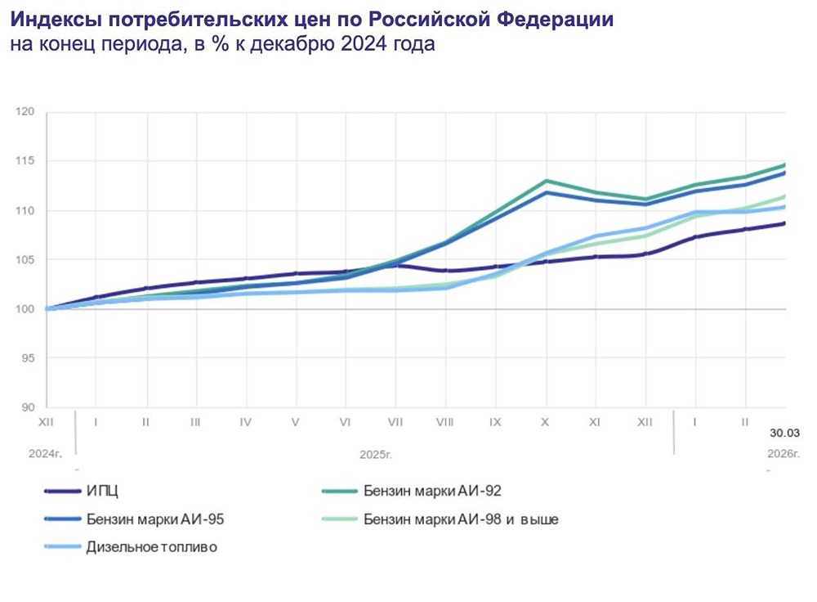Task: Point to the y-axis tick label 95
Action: point(29,358)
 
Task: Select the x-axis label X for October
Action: point(545,422)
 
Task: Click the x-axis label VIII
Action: point(445,422)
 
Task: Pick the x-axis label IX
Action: point(495,422)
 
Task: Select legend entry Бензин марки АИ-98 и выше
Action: point(461,519)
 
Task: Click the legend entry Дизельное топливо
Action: point(151,547)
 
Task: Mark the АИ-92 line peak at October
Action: point(546,181)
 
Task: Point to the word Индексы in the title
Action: point(51,18)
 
